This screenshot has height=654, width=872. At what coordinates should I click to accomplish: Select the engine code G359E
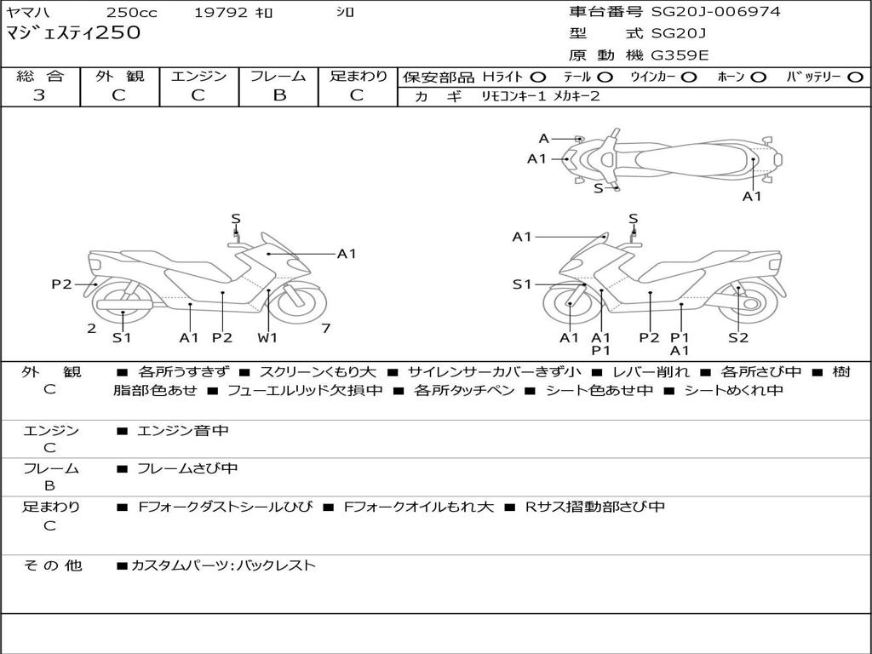680,55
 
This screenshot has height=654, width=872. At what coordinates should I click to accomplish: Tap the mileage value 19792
221,13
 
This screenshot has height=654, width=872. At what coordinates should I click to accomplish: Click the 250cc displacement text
131,13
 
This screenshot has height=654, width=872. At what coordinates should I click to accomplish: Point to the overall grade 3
39,95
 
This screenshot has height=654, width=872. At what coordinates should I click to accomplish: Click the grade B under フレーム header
278,95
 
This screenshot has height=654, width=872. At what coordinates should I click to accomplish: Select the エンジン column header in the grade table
198,76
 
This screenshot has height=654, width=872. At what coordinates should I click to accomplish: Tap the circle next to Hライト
538,77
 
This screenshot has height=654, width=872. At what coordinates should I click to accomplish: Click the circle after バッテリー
855,77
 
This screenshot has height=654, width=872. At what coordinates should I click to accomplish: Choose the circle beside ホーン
758,77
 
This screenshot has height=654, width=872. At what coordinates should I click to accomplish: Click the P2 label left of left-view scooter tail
61,284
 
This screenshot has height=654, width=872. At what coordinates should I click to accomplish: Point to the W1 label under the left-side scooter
268,338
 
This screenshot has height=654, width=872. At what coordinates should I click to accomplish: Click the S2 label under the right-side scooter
738,338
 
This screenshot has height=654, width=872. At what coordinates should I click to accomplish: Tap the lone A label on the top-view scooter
543,139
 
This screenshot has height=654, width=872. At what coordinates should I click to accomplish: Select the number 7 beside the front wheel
326,328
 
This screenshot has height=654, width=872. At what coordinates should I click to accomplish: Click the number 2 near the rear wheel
91,328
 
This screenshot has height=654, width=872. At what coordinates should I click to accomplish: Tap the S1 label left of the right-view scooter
522,284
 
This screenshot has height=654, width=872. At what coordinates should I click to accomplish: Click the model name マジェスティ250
73,33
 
